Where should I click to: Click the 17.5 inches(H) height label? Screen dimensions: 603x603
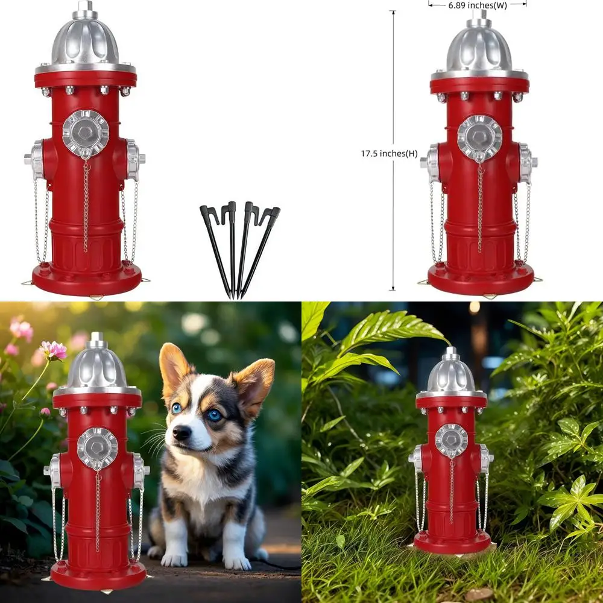click(x=389, y=154)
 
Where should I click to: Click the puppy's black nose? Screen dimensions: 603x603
click(x=182, y=432)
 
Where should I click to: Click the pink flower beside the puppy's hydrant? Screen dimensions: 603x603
click(x=53, y=350)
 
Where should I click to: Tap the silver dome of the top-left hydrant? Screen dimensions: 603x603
click(x=85, y=42)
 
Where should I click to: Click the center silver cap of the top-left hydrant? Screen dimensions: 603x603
click(x=86, y=133)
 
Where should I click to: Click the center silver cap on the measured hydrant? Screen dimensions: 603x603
click(x=479, y=138)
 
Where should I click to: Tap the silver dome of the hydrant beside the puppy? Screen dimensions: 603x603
click(x=96, y=368)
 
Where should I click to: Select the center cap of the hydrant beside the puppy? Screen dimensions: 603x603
click(x=97, y=448)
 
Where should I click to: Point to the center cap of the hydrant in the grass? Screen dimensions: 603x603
click(x=451, y=440)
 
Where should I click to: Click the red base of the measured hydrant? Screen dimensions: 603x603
click(x=481, y=280)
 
